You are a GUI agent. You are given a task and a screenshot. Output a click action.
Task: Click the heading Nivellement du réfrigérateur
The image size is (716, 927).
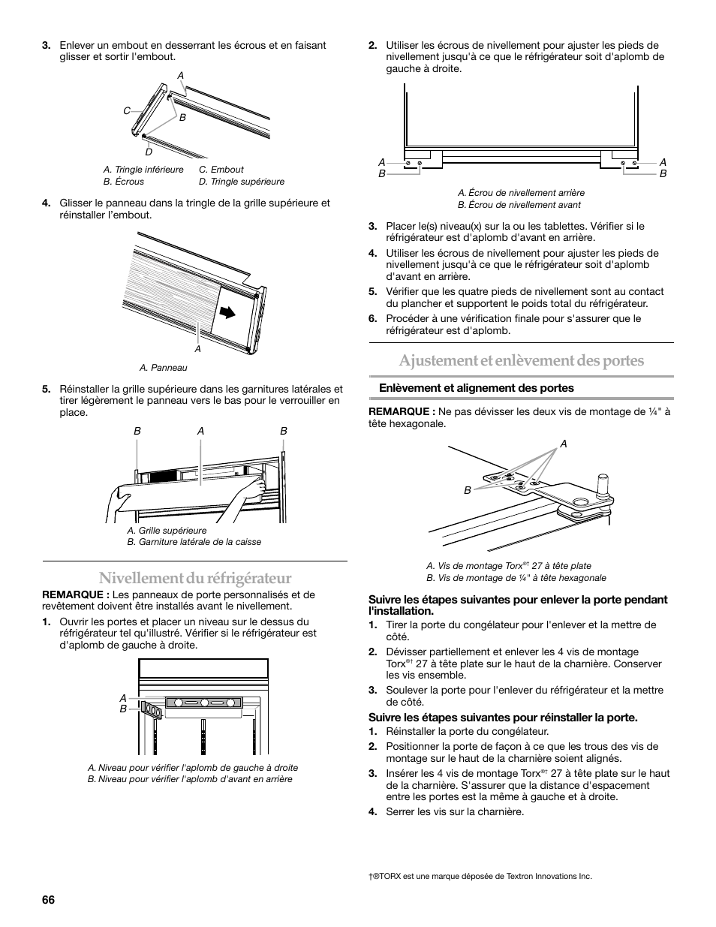tap(194, 577)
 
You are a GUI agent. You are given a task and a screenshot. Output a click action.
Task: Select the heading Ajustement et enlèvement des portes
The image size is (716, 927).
tap(521, 360)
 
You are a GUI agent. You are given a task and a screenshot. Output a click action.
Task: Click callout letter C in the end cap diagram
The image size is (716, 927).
tap(127, 111)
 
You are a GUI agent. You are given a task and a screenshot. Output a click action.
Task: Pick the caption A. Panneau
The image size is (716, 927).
tap(163, 368)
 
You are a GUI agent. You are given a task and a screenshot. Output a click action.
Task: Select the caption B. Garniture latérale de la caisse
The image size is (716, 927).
tap(194, 542)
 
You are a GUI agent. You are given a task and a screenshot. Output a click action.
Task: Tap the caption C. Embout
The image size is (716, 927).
tap(221, 170)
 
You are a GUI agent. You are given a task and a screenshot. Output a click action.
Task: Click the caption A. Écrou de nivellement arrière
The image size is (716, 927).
tap(521, 193)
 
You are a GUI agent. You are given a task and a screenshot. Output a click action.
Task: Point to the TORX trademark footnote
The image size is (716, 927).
tap(474, 876)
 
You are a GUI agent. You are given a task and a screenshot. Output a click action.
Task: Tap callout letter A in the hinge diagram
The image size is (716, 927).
tap(564, 444)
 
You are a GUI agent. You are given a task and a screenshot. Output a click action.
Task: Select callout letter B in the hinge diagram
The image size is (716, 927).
tap(467, 490)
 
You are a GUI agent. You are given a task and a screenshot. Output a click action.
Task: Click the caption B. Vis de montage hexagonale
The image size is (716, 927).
tap(516, 578)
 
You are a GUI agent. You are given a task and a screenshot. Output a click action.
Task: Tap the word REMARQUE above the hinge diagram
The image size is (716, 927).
tap(402, 411)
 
